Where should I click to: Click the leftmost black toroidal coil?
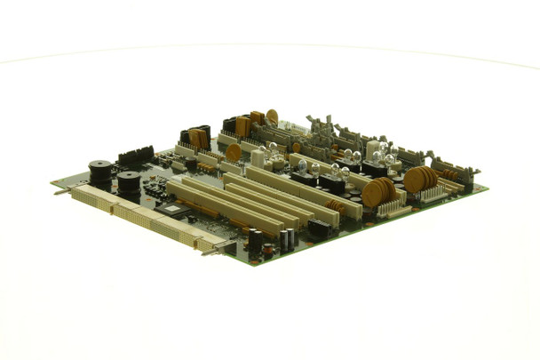(x=99, y=169)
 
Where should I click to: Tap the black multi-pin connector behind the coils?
(x=135, y=157)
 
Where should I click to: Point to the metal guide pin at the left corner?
(x=57, y=188)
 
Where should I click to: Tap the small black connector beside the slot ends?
(x=317, y=228)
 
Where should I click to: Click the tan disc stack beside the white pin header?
(x=378, y=190)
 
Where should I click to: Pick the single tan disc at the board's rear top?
(x=272, y=116)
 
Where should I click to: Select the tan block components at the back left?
(x=197, y=138)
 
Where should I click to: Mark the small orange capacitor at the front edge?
(x=267, y=251)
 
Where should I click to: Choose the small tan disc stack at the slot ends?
(x=337, y=206)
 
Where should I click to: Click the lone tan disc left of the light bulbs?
(x=234, y=152)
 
